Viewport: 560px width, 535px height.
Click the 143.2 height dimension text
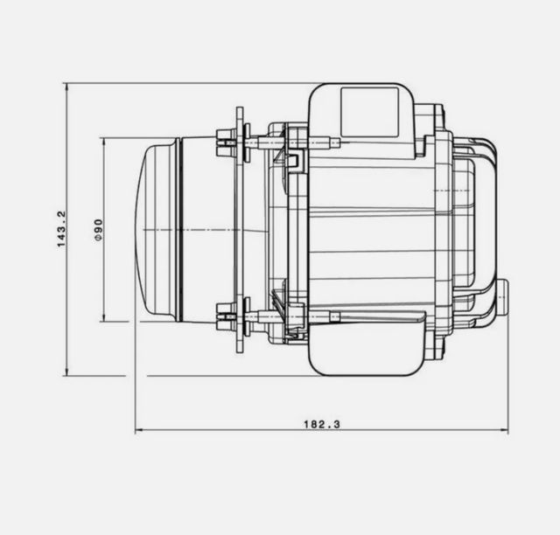click(61, 229)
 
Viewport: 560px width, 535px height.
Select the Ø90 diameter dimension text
click(99, 229)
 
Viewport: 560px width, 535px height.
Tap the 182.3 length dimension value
click(321, 424)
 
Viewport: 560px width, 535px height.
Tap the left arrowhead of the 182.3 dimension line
click(139, 431)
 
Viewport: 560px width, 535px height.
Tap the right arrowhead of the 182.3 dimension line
click(504, 431)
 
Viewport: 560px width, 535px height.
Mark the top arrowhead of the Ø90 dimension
click(105, 141)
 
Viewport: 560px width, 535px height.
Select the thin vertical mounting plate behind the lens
click(239, 229)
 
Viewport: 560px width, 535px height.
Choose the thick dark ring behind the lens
click(180, 229)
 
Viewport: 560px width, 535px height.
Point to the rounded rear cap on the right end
click(486, 229)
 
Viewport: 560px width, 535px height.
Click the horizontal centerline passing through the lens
click(201, 229)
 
